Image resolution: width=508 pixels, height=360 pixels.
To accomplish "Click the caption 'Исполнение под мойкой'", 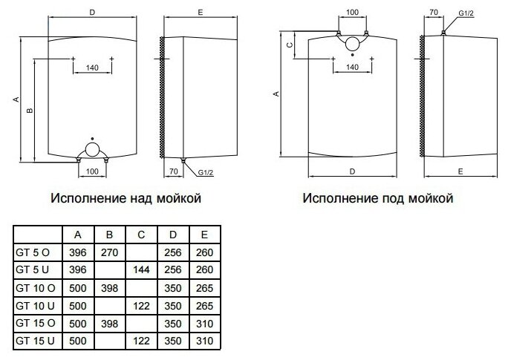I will [377, 200].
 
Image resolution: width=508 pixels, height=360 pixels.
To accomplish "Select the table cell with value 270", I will [109, 252].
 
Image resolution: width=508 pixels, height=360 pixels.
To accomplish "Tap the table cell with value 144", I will [141, 269].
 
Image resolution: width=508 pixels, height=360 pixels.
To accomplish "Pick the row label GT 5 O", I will [33, 252].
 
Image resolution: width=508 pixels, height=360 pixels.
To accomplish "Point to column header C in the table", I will [141, 235].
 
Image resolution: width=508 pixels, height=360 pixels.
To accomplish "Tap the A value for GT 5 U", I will [78, 269].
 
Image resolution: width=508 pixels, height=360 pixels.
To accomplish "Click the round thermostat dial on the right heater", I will [352, 44].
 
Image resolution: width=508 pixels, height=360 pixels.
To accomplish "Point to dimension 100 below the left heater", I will [92, 172].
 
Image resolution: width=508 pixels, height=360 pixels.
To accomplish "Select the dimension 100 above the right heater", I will [352, 13].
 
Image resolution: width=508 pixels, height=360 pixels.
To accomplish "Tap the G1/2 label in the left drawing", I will [205, 172].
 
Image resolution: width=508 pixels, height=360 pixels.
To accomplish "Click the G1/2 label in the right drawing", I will [464, 13].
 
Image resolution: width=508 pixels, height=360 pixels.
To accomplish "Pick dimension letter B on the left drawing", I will [29, 111].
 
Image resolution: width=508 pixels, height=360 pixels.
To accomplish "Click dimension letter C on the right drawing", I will [290, 45].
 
